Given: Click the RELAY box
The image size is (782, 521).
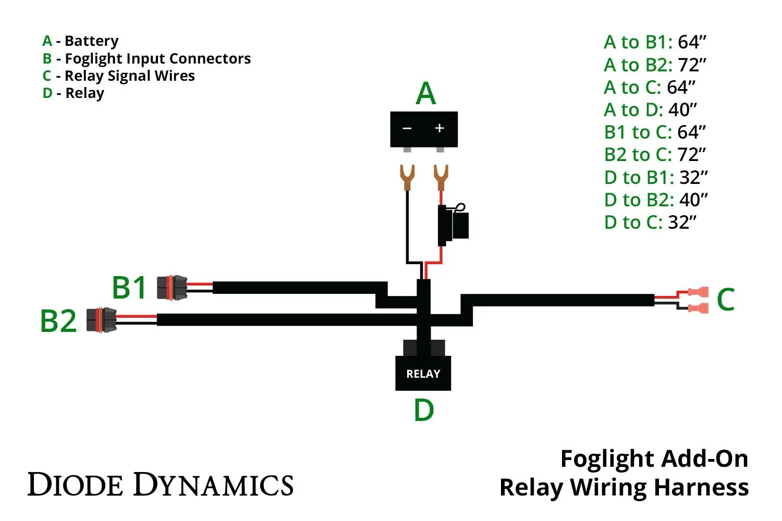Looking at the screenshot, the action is point(423,373).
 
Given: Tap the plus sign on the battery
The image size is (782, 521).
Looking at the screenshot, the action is point(439,128).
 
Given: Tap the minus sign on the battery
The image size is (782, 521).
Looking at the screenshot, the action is point(407,128).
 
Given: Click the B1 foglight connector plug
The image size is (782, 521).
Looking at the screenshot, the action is point(172,288).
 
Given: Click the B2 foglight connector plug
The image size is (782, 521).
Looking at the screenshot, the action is point(101,320).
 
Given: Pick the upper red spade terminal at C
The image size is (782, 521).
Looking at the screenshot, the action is point(698,292).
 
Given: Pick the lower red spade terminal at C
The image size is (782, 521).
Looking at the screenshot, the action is point(698,308).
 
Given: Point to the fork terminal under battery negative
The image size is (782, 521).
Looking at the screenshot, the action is point(407,177).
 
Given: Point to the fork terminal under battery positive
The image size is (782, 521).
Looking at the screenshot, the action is point(441,177).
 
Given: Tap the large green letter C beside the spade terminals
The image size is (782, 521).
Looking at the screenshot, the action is point(726,299).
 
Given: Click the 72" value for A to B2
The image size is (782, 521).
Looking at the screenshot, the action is point(692,65).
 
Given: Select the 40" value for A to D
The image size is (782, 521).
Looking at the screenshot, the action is point(682,109).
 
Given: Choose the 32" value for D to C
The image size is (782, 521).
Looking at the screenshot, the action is point(682,222).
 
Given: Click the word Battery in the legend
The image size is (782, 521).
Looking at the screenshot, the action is point(92,41).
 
